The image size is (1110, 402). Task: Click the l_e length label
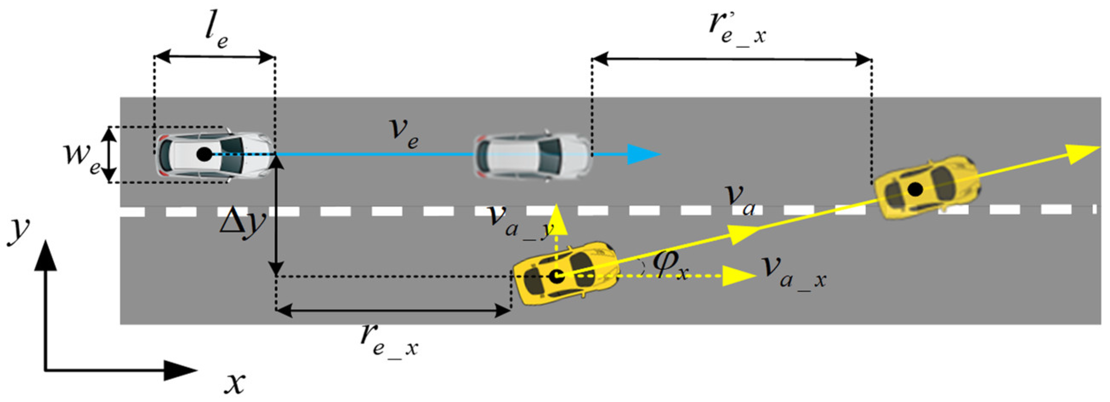[x=216, y=32]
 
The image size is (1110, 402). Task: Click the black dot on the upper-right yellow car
[x=915, y=188]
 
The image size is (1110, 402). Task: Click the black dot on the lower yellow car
[x=557, y=276]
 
